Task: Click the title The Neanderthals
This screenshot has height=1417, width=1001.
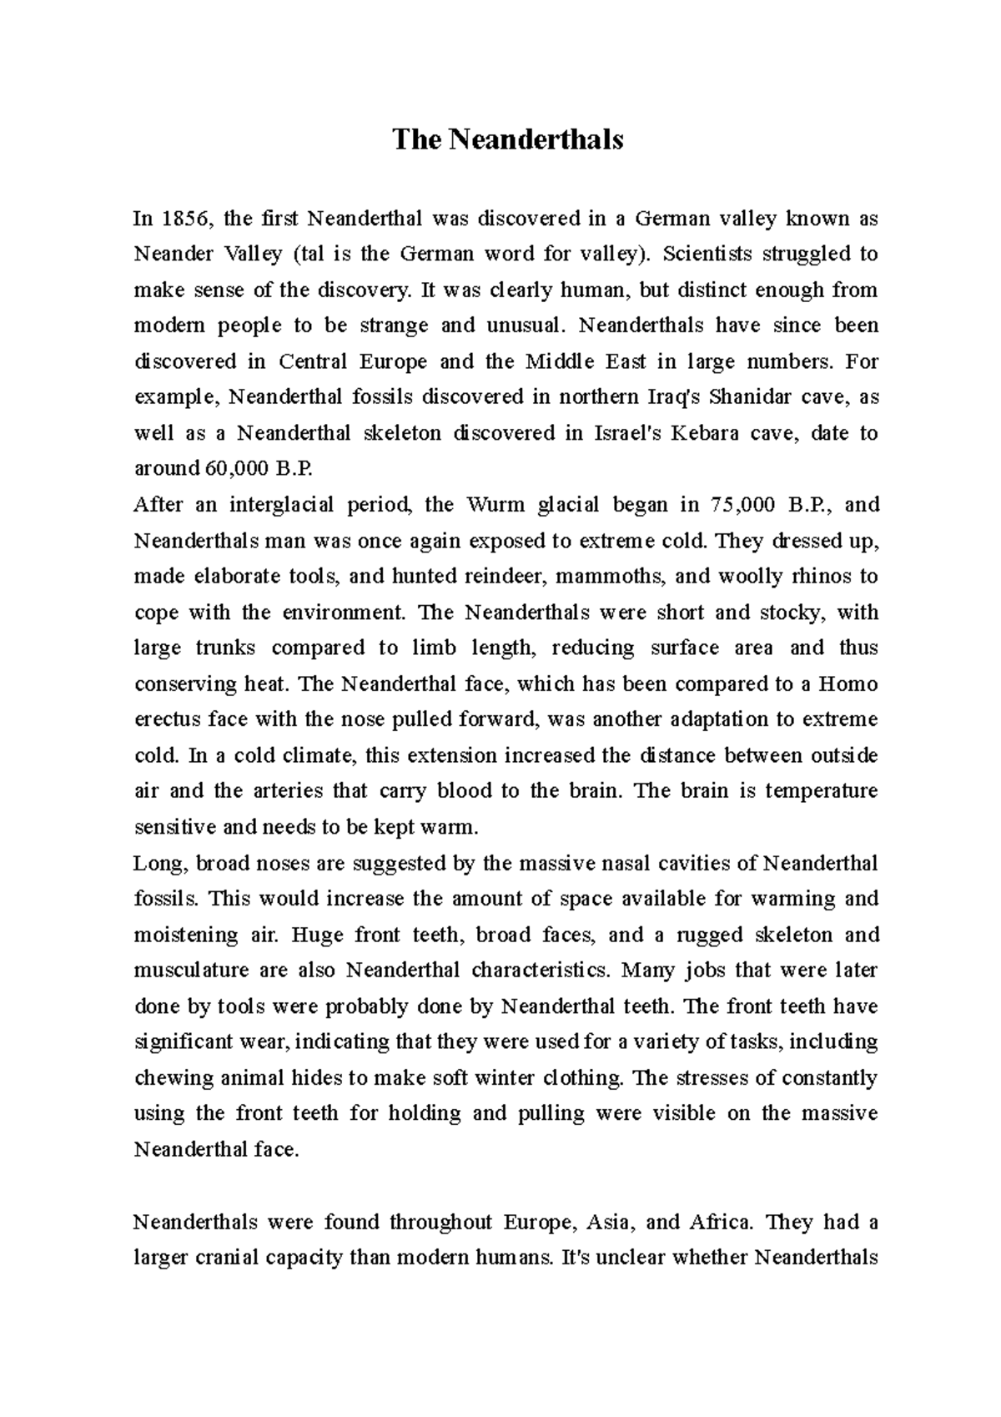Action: (507, 139)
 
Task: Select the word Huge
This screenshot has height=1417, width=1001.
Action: (318, 935)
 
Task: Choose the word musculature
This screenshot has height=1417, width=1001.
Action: (191, 971)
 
